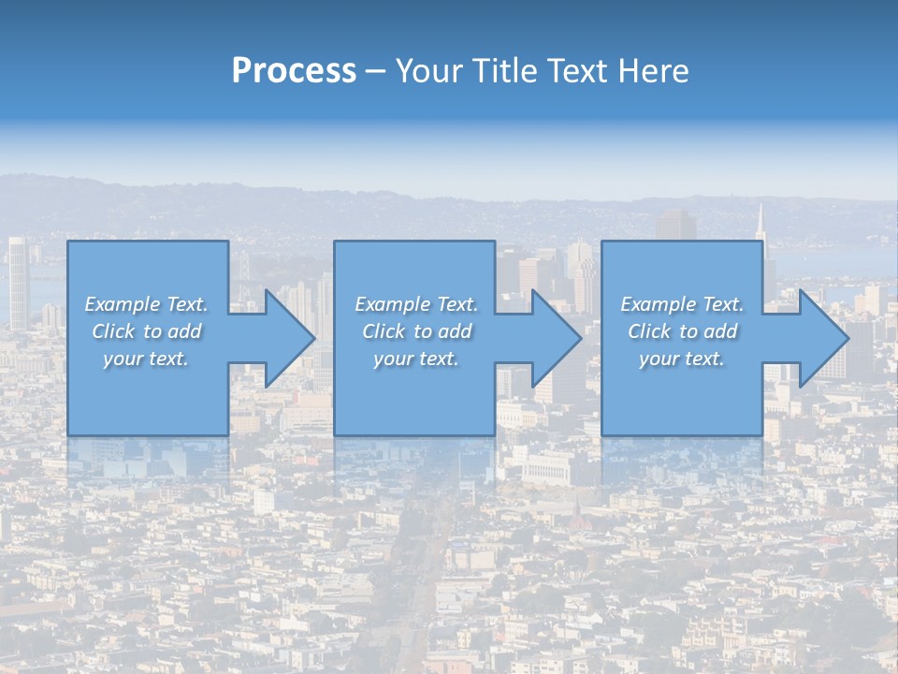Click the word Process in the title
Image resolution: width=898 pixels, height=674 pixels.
294,71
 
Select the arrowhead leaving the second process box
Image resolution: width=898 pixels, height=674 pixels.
555,338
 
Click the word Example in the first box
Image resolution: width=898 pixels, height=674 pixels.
123,304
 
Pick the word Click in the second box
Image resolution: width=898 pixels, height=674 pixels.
383,331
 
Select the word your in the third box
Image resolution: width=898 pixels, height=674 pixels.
659,359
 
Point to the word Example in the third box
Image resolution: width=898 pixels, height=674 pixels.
659,304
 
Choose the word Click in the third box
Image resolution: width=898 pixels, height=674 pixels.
649,331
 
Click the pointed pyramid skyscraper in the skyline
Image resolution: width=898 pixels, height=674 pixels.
760,228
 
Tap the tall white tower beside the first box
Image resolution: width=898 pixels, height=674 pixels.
18,281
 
